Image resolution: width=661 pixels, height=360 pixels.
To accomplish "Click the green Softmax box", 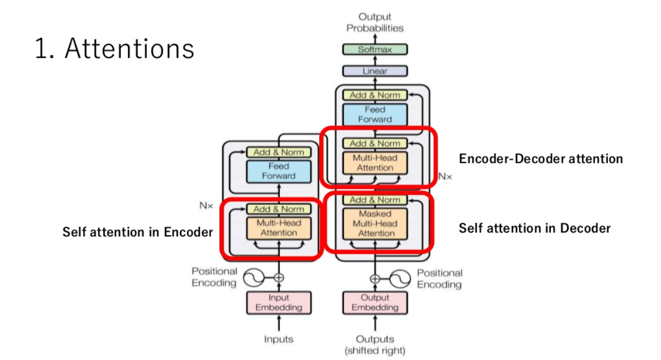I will tap(375, 49).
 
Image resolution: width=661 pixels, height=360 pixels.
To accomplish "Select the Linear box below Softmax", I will tap(375, 71).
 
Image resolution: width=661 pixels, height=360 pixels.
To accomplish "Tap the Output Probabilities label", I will tap(375, 22).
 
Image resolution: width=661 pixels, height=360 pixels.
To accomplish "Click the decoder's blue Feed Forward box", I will tap(375, 114).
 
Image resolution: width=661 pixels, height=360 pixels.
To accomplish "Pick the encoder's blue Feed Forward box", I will tap(279, 171).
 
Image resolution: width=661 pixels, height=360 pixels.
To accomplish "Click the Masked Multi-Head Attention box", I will tap(375, 223).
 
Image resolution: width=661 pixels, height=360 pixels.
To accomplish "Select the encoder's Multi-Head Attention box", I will tap(279, 228).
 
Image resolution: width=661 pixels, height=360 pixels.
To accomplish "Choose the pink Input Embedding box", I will tap(279, 303).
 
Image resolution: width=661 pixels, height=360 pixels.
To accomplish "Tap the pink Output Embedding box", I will tap(375, 303).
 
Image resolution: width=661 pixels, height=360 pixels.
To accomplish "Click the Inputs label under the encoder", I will tap(279, 339).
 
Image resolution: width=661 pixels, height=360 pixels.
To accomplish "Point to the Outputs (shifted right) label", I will tap(375, 344).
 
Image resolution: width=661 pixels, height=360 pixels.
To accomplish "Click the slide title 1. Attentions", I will tap(114, 49).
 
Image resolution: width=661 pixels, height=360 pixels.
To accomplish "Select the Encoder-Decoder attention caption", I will tap(541, 159).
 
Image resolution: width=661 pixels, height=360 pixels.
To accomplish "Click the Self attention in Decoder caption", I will tap(535, 228).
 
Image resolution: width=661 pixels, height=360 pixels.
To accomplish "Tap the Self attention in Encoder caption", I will tap(138, 232).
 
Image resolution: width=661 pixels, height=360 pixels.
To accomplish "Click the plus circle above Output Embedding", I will tap(375, 278).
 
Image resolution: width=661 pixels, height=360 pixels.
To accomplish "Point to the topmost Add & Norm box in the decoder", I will tap(375, 95).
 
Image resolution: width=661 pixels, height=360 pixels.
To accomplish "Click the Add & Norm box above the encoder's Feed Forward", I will tap(279, 152).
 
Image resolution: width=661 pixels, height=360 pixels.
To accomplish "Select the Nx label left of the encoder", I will tap(206, 205).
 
